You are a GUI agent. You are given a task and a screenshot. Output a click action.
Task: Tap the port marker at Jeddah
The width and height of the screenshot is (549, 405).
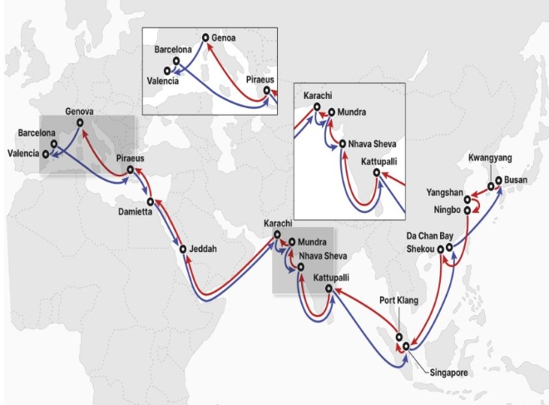tap(183, 249)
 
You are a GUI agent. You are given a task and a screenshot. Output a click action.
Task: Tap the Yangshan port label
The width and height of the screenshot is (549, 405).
tap(443, 191)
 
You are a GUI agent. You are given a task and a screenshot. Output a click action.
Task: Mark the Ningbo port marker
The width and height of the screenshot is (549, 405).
tap(467, 210)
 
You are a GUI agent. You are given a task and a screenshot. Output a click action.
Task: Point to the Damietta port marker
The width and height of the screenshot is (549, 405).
tap(150, 201)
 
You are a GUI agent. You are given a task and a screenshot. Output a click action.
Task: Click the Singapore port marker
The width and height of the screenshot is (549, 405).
tap(406, 345)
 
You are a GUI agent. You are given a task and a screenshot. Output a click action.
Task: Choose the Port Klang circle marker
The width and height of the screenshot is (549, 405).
tap(398, 335)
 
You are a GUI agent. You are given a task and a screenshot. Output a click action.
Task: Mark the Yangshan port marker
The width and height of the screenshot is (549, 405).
tap(467, 199)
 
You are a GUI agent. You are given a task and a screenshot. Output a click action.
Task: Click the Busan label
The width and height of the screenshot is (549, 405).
tap(521, 180)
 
